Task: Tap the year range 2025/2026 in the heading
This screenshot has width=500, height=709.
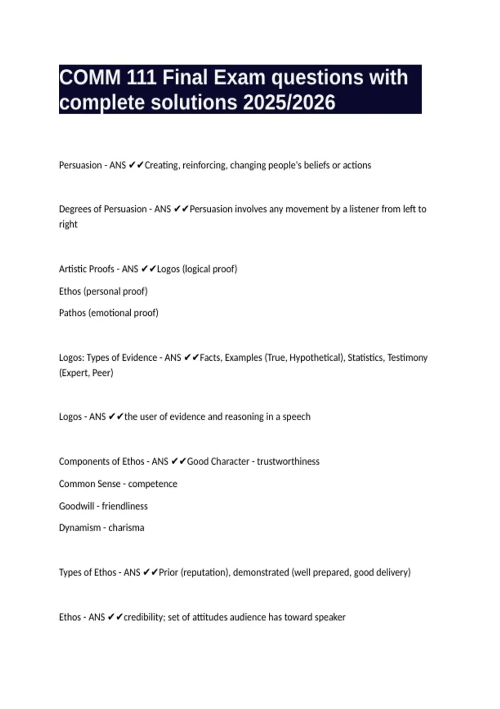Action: point(289,103)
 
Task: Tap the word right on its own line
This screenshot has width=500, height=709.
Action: point(68,224)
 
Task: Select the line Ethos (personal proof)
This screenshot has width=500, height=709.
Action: point(103,291)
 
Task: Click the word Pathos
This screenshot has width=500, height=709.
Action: point(72,313)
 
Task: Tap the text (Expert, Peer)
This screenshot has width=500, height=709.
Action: point(86,372)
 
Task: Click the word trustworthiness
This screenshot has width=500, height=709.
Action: point(288,461)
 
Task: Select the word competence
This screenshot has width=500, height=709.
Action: point(152,484)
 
